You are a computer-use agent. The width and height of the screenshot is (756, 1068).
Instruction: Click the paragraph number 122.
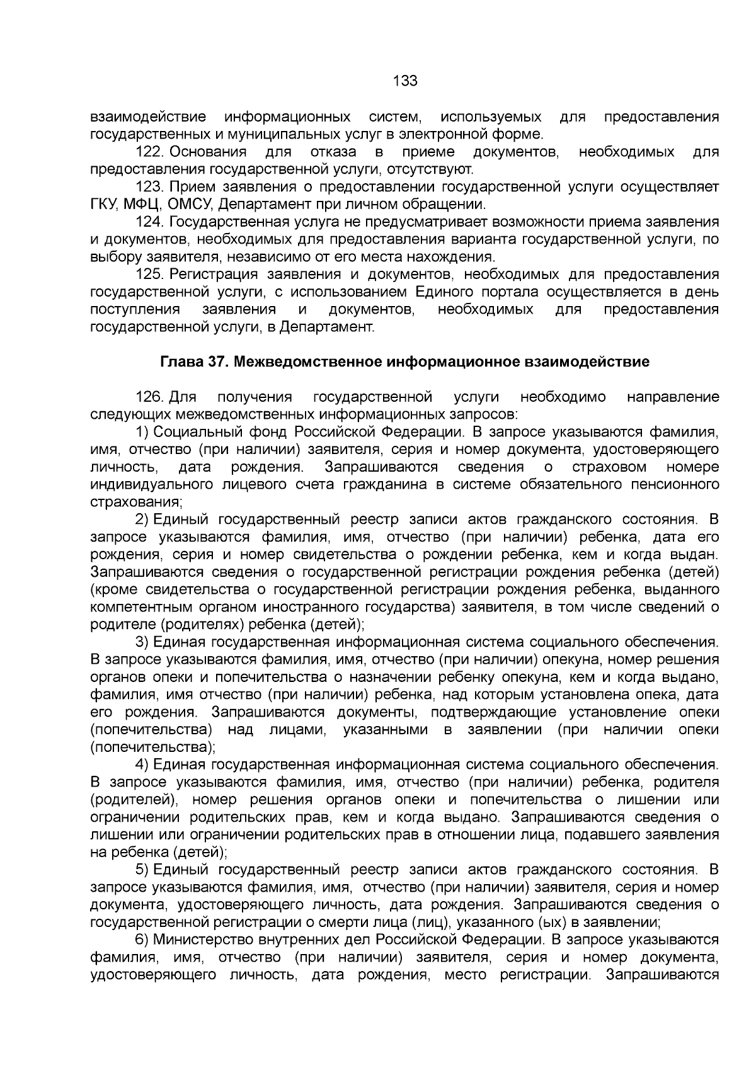click(150, 152)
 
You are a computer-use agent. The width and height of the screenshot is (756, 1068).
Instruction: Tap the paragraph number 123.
click(150, 187)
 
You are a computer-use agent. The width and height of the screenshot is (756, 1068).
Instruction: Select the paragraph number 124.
click(150, 222)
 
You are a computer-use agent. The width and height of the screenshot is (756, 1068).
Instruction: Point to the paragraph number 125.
click(150, 275)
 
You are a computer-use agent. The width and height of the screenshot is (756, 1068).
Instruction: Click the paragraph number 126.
click(150, 397)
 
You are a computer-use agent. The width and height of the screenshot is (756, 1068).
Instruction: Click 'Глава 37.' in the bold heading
click(188, 362)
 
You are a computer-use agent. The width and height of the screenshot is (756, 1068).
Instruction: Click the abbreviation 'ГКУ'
click(104, 205)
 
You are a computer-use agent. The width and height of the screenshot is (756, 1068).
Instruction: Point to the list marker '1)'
click(142, 433)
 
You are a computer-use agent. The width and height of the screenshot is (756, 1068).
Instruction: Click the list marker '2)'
click(142, 520)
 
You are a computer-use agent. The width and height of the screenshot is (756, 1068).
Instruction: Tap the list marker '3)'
click(142, 642)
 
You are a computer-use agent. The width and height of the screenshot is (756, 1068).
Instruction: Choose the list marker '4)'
click(142, 765)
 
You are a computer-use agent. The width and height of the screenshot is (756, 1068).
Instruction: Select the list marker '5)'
click(142, 870)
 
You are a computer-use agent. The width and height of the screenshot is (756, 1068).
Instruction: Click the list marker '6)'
click(142, 940)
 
